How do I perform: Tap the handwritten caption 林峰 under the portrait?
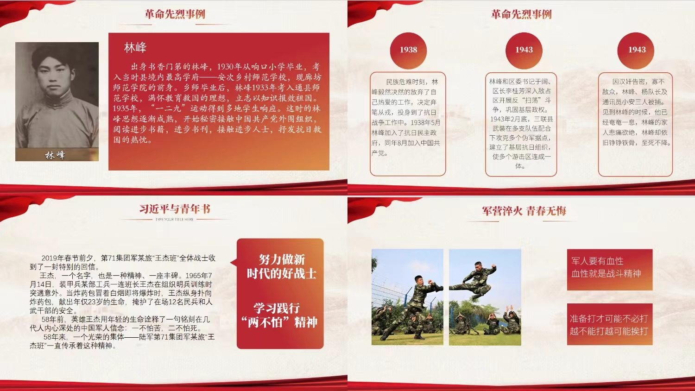pyautogui.click(x=55, y=155)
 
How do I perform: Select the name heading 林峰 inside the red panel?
pyautogui.click(x=135, y=47)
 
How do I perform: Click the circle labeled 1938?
pyautogui.click(x=408, y=50)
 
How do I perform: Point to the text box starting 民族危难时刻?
pyautogui.click(x=408, y=124)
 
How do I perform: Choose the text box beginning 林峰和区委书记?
pyautogui.click(x=521, y=124)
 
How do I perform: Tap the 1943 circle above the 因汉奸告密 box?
pyautogui.click(x=637, y=50)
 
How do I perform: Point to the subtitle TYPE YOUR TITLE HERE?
pyautogui.click(x=174, y=220)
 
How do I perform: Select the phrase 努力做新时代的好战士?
pyautogui.click(x=281, y=266)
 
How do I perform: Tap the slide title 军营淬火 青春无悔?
pyautogui.click(x=524, y=211)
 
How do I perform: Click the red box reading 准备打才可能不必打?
pyautogui.click(x=609, y=324)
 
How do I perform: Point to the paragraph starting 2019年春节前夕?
pyautogui.click(x=123, y=262)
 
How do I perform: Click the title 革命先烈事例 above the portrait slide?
pyautogui.click(x=175, y=14)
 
